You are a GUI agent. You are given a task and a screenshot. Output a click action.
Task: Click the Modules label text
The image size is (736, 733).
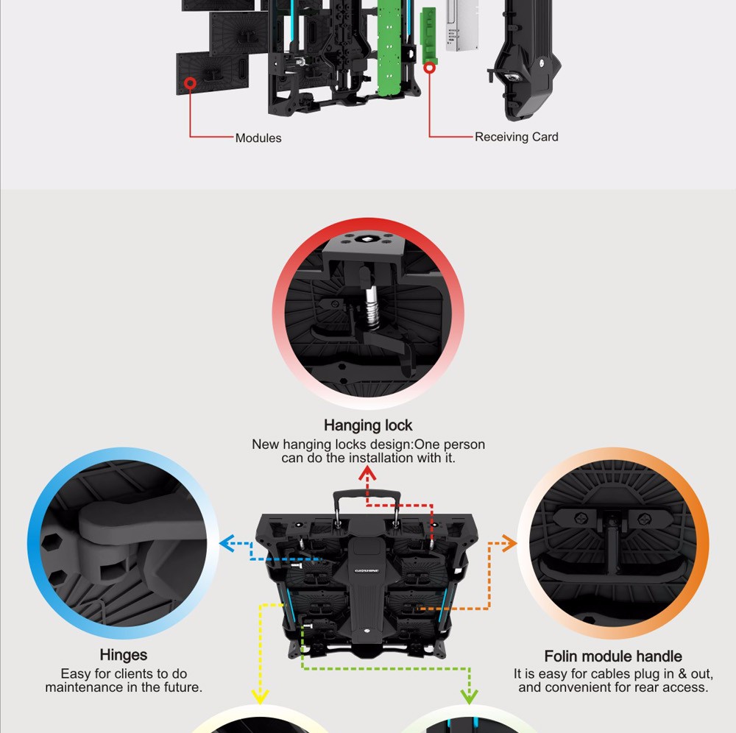[258, 138]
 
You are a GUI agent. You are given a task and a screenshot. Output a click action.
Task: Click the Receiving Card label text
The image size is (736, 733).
[517, 137]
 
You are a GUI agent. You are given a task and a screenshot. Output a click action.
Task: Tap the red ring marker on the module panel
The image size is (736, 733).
[190, 84]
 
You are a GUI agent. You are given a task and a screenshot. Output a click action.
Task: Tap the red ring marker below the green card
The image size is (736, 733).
[430, 68]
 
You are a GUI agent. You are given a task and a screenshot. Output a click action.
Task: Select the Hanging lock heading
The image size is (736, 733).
[368, 425]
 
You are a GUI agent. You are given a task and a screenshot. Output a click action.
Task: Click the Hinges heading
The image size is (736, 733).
[124, 655]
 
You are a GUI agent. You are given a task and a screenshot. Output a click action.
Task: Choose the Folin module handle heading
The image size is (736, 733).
[613, 656]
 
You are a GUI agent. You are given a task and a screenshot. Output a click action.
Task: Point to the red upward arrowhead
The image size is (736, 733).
[367, 472]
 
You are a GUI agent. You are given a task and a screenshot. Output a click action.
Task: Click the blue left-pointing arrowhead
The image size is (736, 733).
[227, 543]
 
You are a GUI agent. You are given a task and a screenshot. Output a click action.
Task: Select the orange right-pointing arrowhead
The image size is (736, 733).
[510, 543]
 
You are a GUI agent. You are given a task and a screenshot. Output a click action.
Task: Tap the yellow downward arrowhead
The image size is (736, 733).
[260, 697]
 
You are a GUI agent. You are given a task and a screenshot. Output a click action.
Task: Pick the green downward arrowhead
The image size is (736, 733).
[469, 697]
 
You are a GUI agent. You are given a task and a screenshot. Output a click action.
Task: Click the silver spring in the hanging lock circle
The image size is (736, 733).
[372, 309]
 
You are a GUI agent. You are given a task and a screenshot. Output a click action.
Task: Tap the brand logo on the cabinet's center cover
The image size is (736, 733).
[367, 570]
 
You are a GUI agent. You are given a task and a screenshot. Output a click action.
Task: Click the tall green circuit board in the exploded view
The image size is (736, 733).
[390, 47]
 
